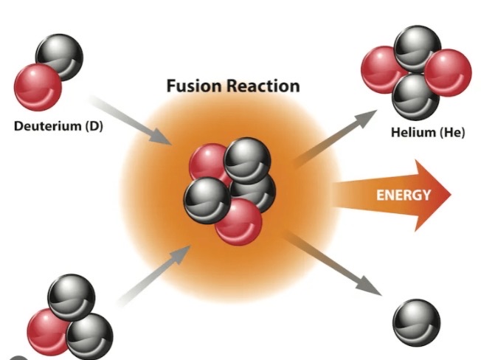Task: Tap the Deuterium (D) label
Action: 59,126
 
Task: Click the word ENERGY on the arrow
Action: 403,195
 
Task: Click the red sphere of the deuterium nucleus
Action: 38,86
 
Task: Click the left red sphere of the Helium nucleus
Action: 381,70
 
